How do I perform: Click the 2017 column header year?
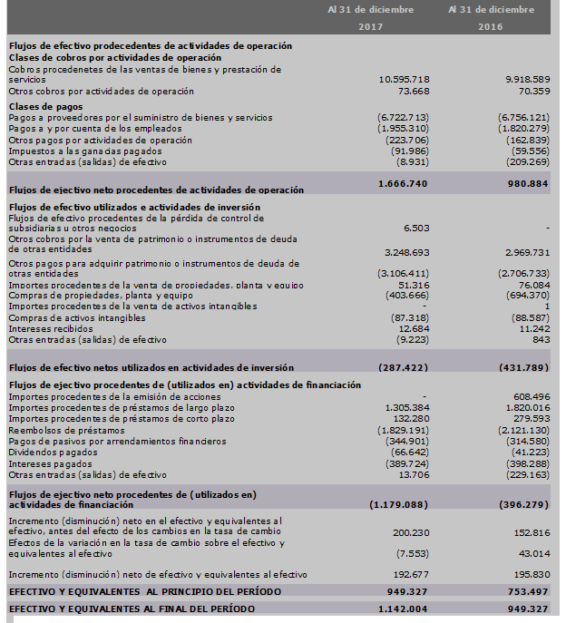[371, 26]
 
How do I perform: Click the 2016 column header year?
[491, 26]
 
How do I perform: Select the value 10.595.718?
[404, 80]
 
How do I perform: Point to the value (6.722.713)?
[403, 118]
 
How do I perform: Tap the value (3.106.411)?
[403, 272]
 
